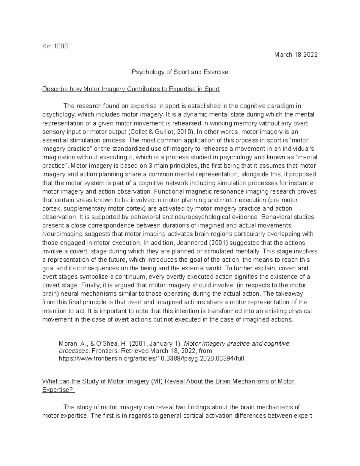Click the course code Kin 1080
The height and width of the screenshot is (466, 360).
coord(55,46)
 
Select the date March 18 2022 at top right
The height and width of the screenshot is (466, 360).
coord(295,55)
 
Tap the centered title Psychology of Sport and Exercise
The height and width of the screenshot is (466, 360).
coord(180,72)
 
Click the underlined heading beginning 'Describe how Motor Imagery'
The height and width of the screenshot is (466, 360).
coord(131,89)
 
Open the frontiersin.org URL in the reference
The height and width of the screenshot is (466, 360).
coord(151,358)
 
